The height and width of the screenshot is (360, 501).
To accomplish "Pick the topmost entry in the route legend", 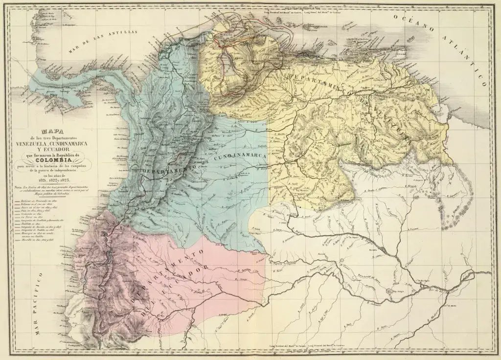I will (39, 201).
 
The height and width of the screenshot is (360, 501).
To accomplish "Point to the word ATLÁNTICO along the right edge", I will (465, 54).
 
